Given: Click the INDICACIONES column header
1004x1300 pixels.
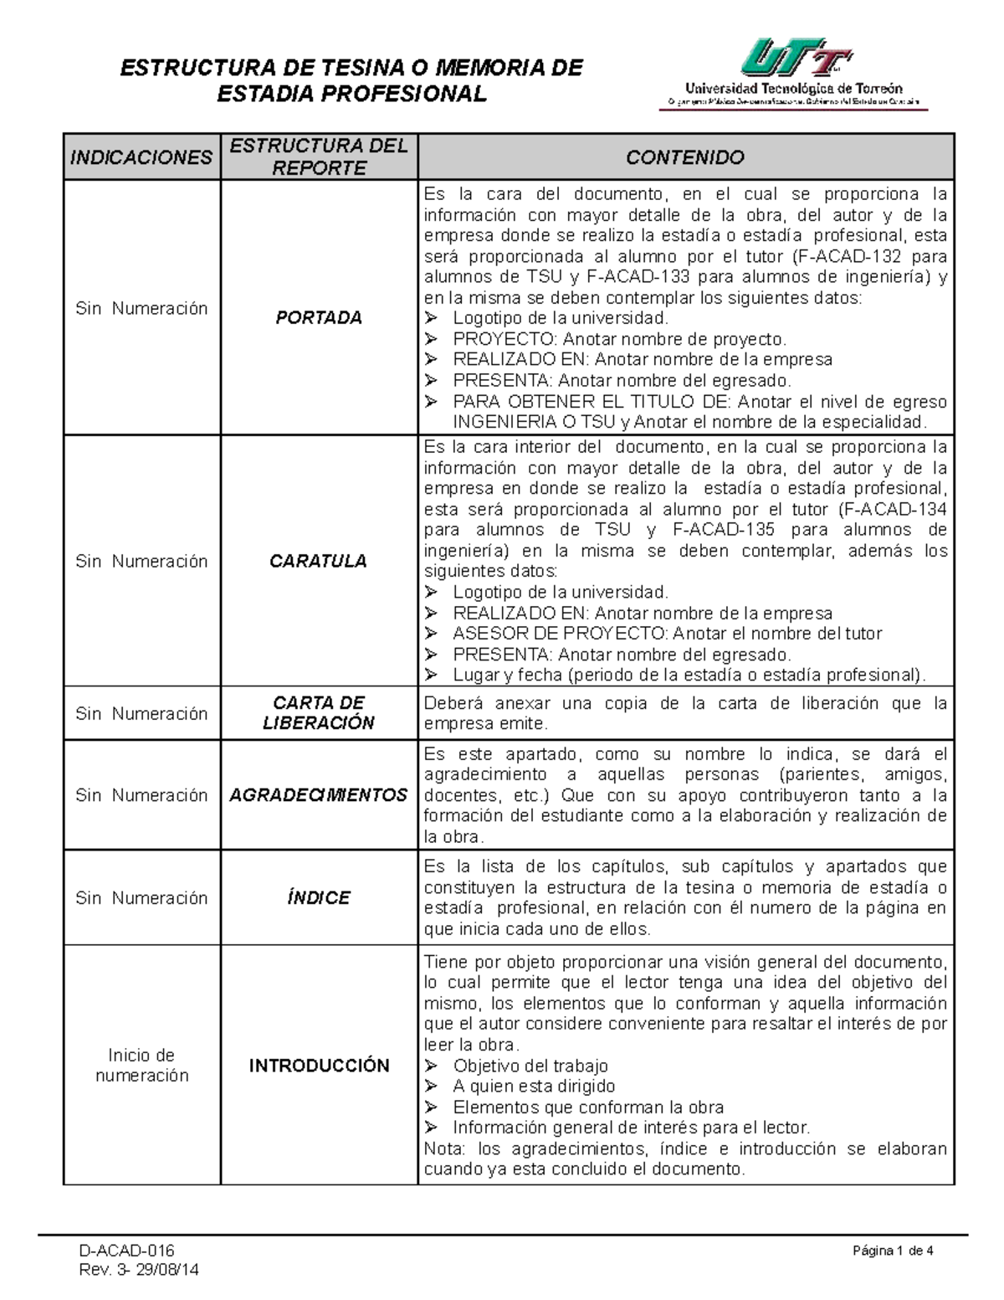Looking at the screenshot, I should click(141, 157).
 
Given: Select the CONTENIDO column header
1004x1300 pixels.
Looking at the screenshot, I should click(685, 157).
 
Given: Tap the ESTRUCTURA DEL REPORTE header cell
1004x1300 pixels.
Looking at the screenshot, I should click(319, 157).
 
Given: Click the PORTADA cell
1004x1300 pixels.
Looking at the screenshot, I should click(319, 318).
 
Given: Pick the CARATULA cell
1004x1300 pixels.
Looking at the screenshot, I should click(318, 561).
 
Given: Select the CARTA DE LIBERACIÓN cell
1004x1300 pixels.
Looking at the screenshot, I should click(318, 713).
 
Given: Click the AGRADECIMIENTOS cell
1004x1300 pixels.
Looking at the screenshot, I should click(318, 795).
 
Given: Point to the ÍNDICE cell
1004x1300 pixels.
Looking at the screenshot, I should click(318, 898).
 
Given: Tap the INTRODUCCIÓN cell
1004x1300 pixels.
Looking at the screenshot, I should click(319, 1066).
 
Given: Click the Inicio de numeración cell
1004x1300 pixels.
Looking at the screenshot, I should click(141, 1065).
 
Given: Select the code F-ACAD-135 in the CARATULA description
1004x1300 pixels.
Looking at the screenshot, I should click(724, 530).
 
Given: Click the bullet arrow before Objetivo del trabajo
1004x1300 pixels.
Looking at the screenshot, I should click(431, 1066).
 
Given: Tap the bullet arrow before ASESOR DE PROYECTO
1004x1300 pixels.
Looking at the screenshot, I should click(431, 634).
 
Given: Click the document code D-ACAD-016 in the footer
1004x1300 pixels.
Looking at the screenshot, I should click(127, 1251).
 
